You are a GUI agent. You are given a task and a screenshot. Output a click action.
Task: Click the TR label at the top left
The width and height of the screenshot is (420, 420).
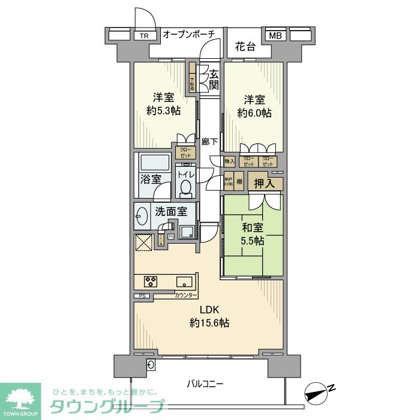coord(144,36)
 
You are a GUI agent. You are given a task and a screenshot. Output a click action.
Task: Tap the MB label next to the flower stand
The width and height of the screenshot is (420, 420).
coord(274,36)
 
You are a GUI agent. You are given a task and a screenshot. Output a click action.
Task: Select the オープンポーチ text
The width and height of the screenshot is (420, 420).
coord(188,35)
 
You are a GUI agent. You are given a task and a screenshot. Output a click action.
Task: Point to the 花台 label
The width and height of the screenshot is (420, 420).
coord(244,46)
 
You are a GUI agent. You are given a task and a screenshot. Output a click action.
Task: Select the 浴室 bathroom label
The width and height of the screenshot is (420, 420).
coord(151,179)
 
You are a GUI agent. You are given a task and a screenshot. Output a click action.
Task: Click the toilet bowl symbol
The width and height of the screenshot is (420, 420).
coord(185,188)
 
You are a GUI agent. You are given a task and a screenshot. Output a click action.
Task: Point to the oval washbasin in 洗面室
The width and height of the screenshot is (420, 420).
coord(142,217)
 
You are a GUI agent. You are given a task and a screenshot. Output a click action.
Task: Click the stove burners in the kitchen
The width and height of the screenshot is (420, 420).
coord(150,281)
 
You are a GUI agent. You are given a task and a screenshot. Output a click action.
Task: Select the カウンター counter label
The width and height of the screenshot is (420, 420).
coord(186,296)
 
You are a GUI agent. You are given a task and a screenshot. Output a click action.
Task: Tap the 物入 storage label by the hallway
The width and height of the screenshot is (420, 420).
coord(229,161)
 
